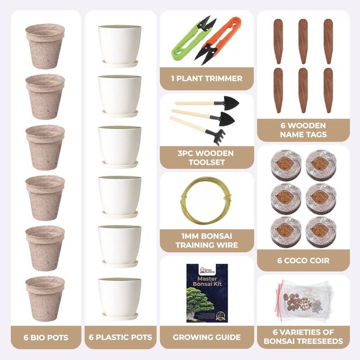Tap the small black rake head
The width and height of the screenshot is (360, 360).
pos(216,137)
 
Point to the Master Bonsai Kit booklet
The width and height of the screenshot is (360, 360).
pos(207,293)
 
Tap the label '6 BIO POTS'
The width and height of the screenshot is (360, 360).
pos(46,337)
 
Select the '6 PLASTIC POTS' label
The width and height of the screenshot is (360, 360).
pos(121,337)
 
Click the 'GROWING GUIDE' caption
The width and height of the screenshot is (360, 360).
pos(207,337)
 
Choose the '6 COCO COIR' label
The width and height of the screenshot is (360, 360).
pos(303,261)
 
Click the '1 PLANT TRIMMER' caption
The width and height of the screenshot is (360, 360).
pos(207,78)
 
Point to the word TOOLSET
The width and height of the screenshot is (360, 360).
pos(207,162)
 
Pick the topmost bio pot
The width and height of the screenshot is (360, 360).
pos(45,46)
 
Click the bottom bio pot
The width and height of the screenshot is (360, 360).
pos(45,299)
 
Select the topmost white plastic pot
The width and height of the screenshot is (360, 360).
pos(120,44)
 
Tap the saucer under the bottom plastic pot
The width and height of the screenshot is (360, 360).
pos(120,316)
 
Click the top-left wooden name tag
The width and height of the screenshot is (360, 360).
pos(278,41)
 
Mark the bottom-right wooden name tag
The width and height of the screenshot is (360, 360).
pos(328,90)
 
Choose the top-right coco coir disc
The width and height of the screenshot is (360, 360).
pos(321,165)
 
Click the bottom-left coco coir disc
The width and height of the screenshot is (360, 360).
pos(286,232)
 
